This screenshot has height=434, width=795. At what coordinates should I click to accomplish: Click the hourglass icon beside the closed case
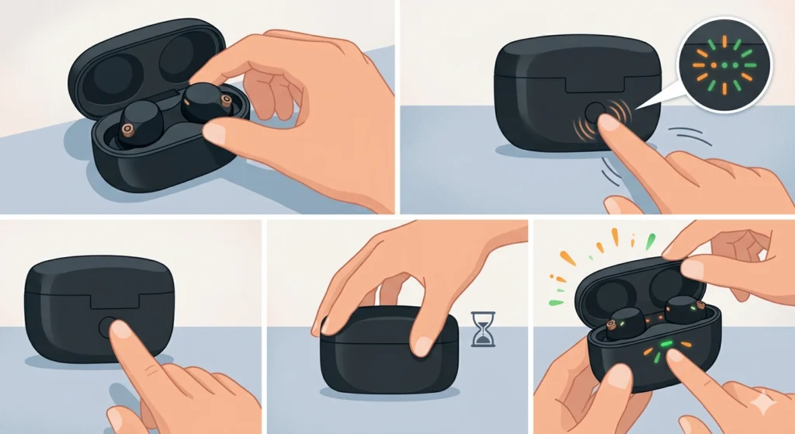point(483,328)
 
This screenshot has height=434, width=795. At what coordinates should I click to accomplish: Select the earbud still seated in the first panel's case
point(138,124)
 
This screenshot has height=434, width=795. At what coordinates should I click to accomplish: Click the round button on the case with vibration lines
point(595,113)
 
